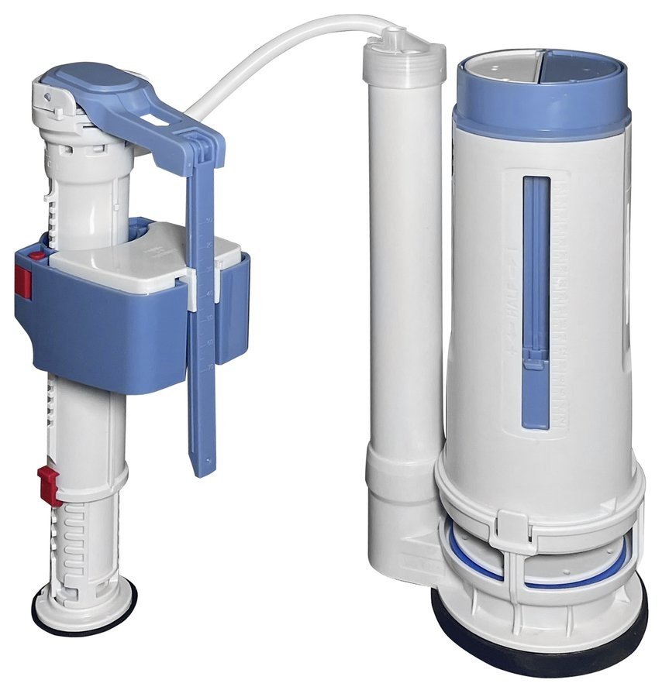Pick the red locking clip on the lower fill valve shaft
[48, 485]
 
